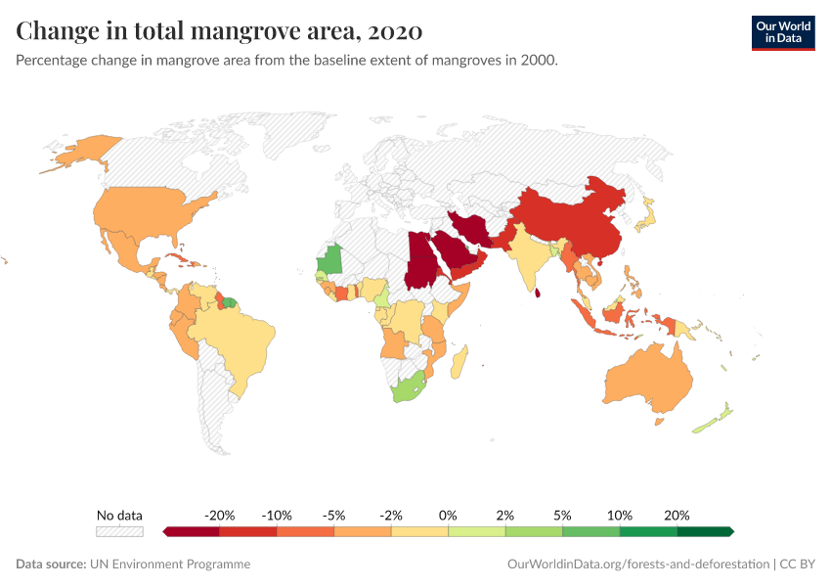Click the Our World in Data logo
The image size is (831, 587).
[x=782, y=32]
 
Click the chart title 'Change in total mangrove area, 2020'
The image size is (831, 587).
[x=219, y=31]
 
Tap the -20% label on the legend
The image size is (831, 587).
[x=220, y=515]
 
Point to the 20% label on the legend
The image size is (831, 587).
[x=677, y=515]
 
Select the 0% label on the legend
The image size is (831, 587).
[x=449, y=515]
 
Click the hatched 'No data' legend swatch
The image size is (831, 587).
[x=119, y=531]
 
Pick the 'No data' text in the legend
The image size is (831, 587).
[x=119, y=515]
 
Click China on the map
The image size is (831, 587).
[x=572, y=220]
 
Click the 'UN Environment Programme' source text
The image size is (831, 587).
[x=170, y=564]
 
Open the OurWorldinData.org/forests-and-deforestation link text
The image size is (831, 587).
[x=637, y=564]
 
